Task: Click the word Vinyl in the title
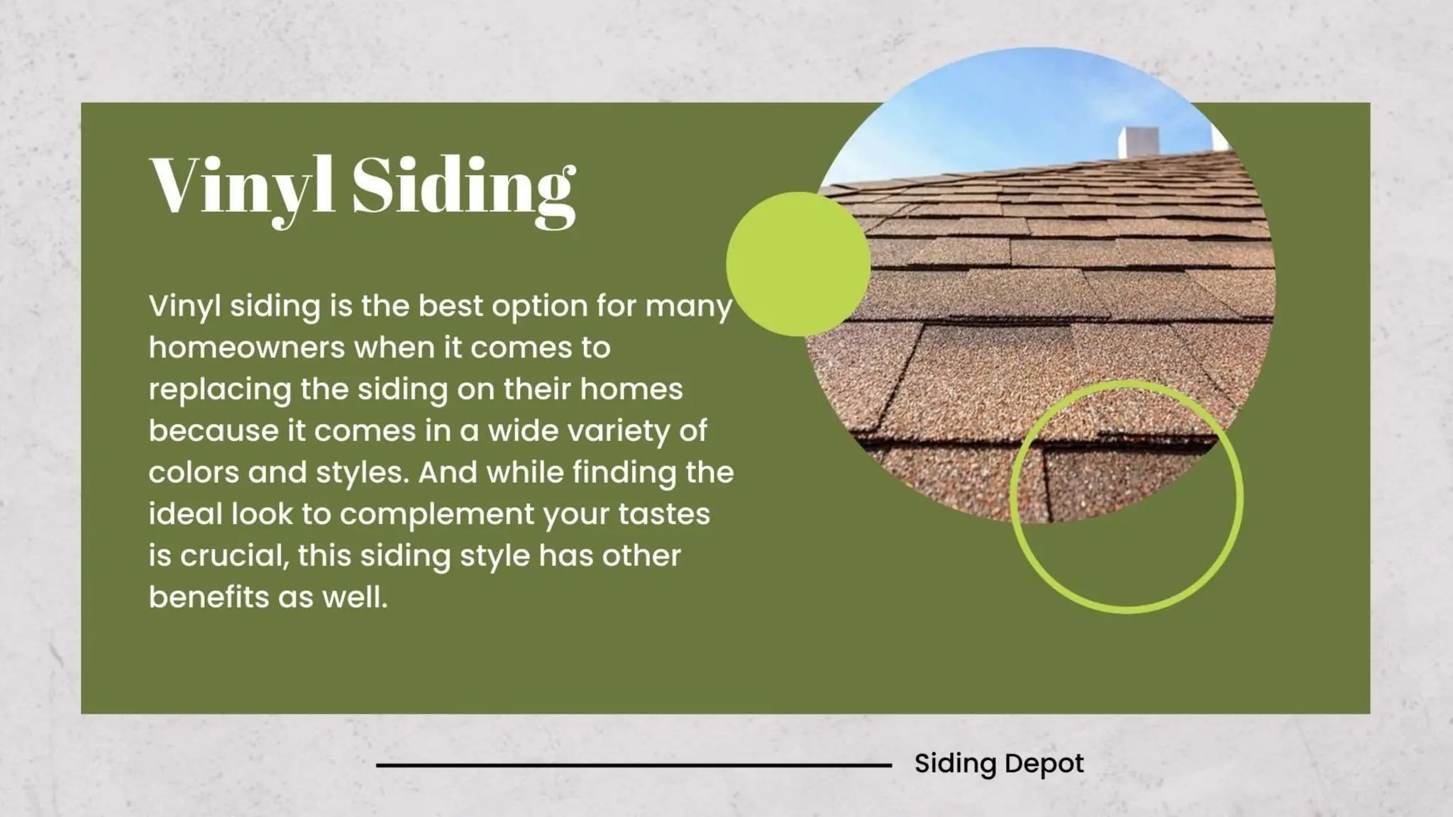(x=241, y=187)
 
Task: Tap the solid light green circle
(x=798, y=263)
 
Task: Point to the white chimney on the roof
(x=1139, y=142)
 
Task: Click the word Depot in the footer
(x=1044, y=764)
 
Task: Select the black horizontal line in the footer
(x=634, y=765)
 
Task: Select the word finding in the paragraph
(x=624, y=473)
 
